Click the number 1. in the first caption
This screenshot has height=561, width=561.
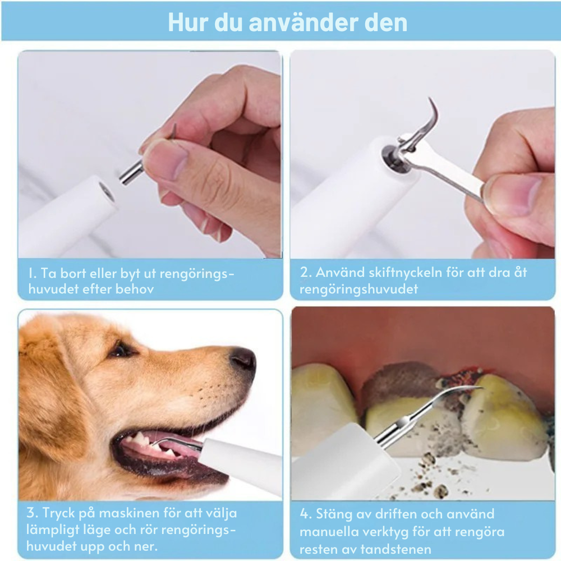32,274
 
